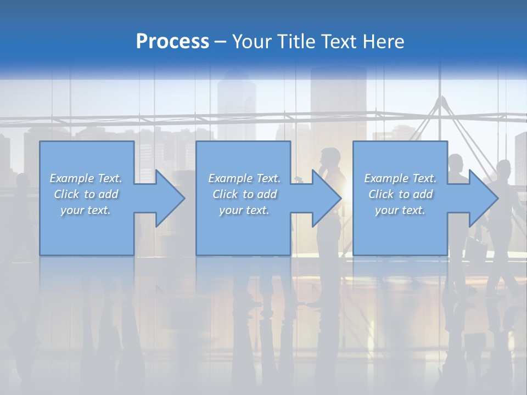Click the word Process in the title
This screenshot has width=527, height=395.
pyautogui.click(x=172, y=42)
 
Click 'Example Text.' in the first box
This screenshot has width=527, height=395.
pyautogui.click(x=86, y=178)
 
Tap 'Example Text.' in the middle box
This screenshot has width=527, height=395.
pyautogui.click(x=244, y=178)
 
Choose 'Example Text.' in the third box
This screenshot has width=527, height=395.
pyautogui.click(x=400, y=178)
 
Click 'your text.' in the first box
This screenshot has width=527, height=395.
pyautogui.click(x=86, y=210)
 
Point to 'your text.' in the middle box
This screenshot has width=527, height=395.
pyautogui.click(x=244, y=210)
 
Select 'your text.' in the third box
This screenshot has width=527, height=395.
pyautogui.click(x=400, y=210)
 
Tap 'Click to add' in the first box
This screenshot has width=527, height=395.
pyautogui.click(x=86, y=194)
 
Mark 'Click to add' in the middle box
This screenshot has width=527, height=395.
pyautogui.click(x=244, y=194)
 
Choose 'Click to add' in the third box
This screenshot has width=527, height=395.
pyautogui.click(x=400, y=194)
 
